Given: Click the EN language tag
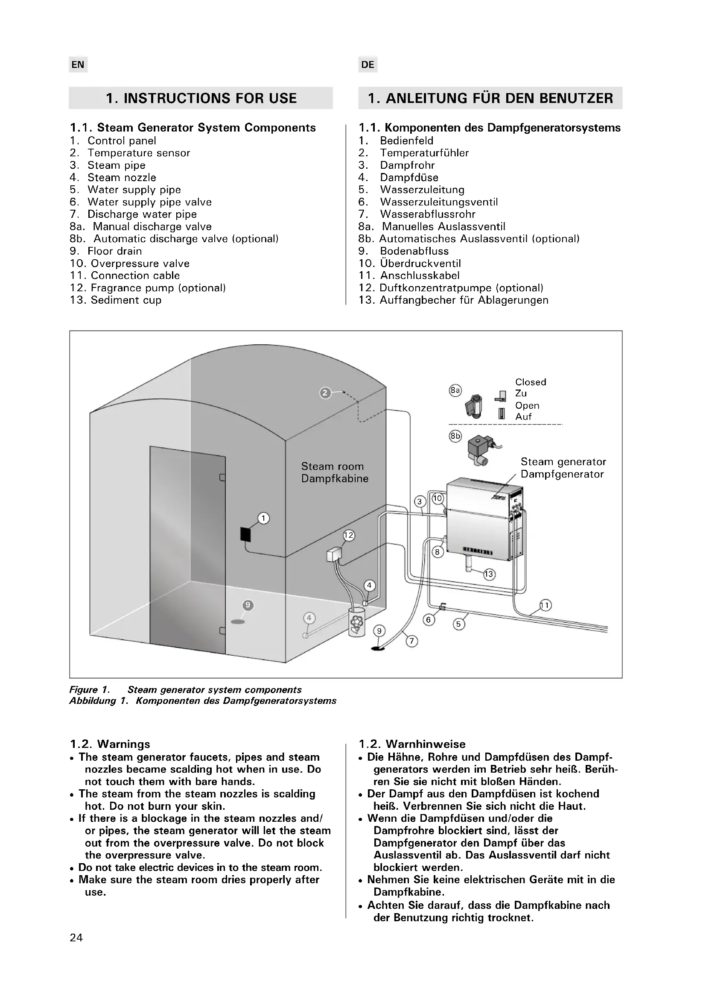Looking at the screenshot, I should coord(78,65).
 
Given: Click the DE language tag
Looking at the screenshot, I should coord(368,65).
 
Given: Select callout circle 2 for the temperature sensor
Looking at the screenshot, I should coord(325,393).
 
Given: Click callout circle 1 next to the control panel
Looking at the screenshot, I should coord(263,518).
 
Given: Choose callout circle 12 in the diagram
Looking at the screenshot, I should coord(349,536).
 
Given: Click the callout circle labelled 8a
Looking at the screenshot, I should coord(455,390).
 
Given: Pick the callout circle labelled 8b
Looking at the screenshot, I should coord(455,436).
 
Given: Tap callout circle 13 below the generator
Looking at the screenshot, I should coord(489,574).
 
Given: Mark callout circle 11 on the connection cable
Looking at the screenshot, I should coord(545,605).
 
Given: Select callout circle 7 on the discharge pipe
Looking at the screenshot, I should coord(411,641).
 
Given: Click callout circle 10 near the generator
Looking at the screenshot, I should coord(438,498).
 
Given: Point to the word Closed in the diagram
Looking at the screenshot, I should coord(531,382).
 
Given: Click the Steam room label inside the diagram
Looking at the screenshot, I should coord(332,466).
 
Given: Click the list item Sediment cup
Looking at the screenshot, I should coord(125,300).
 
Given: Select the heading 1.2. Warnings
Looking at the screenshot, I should coord(110,744).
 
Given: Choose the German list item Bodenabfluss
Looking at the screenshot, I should coord(414,251).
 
